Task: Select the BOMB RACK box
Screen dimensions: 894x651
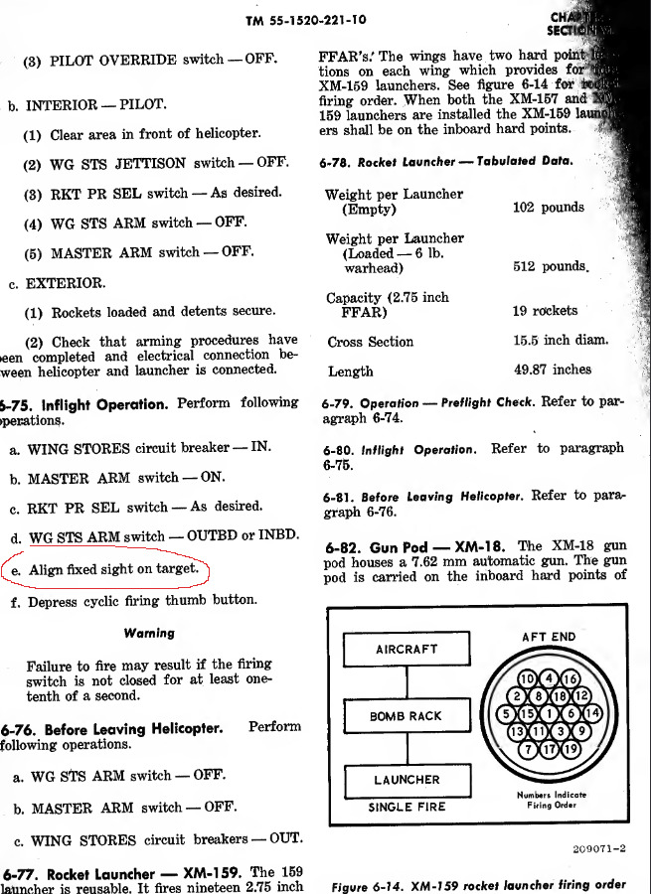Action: [406, 715]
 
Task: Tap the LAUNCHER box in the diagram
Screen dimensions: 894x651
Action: [406, 781]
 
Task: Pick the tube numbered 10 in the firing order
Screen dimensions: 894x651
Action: [528, 677]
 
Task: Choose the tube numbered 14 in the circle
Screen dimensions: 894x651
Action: [592, 713]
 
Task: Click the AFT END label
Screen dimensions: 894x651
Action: [548, 637]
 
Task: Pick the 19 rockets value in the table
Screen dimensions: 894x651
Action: [545, 311]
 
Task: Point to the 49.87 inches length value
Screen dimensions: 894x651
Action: [552, 370]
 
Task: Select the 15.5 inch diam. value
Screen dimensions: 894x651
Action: [560, 341]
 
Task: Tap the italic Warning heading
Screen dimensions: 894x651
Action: [150, 633]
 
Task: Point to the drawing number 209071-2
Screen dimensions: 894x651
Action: [599, 848]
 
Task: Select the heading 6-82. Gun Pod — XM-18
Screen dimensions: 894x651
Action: [417, 547]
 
